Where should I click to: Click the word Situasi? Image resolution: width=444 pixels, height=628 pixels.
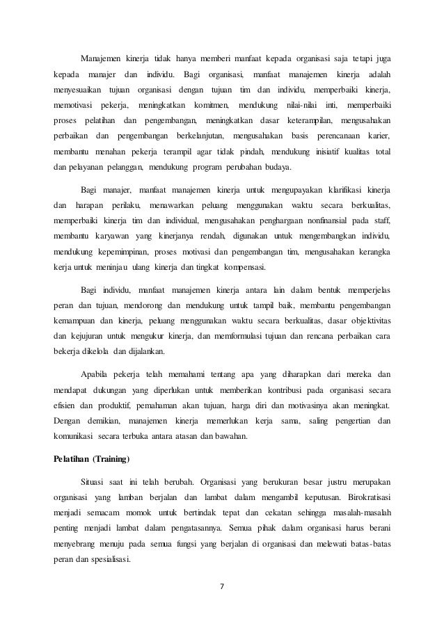[x=96, y=481]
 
